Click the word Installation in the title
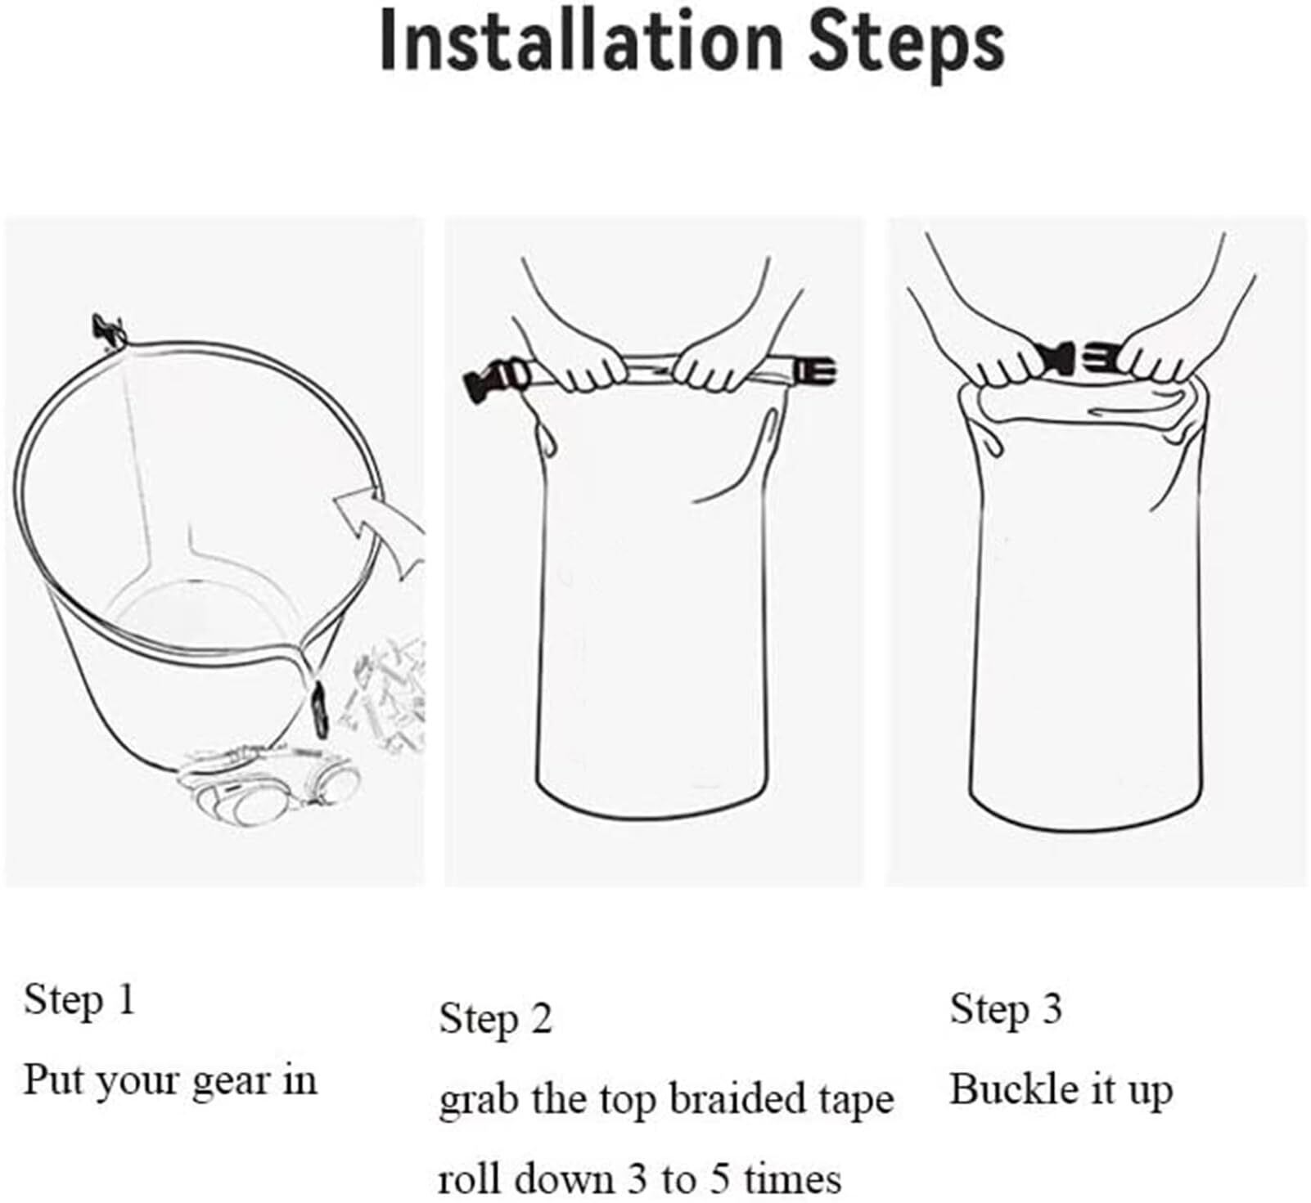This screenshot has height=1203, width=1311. click(x=582, y=42)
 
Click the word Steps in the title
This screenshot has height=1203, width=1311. click(x=907, y=45)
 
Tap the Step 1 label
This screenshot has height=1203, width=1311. click(x=79, y=999)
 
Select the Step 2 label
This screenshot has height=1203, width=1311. click(x=495, y=1019)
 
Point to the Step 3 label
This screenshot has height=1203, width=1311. click(x=1006, y=1008)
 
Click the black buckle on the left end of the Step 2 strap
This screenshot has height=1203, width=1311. click(x=498, y=378)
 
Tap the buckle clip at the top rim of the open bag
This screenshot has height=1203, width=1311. click(x=110, y=330)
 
